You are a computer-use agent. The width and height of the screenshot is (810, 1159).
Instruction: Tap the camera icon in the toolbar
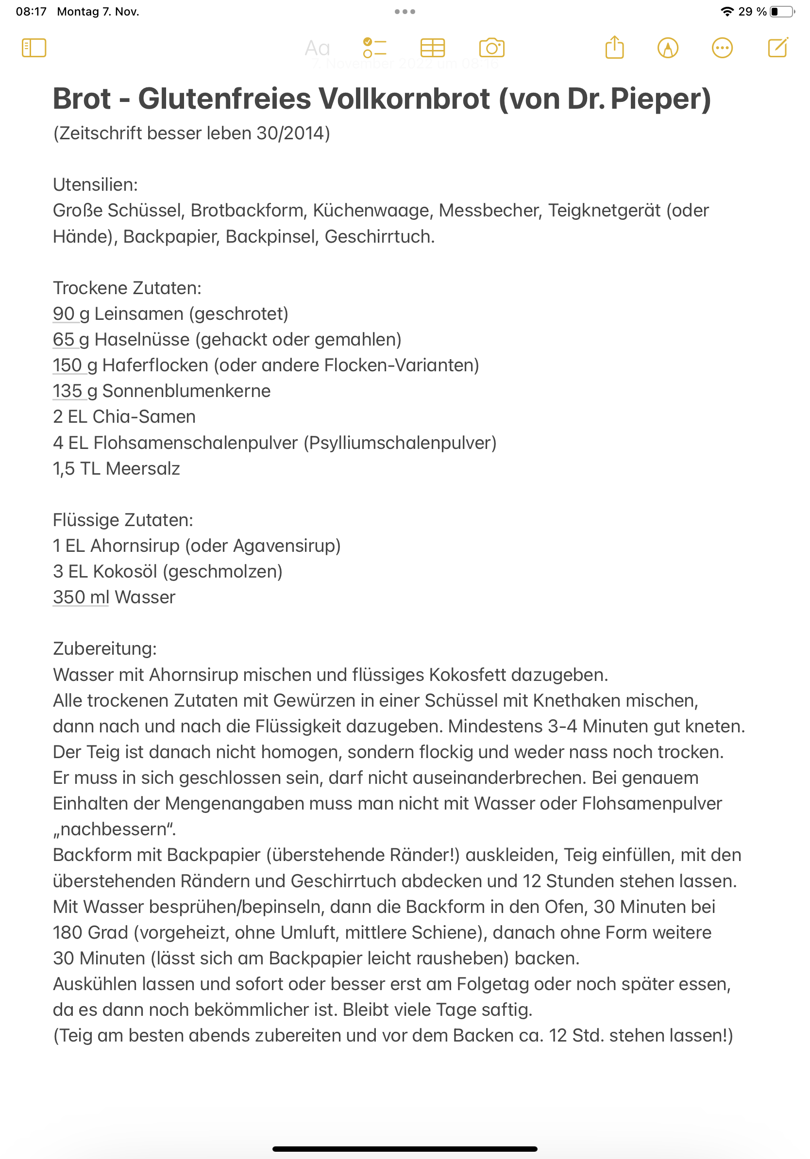pyautogui.click(x=491, y=49)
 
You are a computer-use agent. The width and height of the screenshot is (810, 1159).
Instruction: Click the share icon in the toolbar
pyautogui.click(x=614, y=48)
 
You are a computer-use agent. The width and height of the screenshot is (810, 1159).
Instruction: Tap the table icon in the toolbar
pyautogui.click(x=432, y=49)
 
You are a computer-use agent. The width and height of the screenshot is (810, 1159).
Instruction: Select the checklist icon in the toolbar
pyautogui.click(x=375, y=49)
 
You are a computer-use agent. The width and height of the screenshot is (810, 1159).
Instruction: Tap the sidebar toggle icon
pyautogui.click(x=34, y=49)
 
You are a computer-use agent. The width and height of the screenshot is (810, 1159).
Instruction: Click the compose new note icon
pyautogui.click(x=777, y=48)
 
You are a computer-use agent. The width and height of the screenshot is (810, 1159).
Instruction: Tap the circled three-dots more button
pyautogui.click(x=722, y=49)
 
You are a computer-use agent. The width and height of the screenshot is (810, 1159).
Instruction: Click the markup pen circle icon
pyautogui.click(x=668, y=49)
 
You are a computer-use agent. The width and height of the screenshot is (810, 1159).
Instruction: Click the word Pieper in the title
pyautogui.click(x=660, y=99)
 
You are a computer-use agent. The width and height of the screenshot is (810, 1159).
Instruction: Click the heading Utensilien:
pyautogui.click(x=96, y=185)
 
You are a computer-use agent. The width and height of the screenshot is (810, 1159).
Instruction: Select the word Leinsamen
pyautogui.click(x=139, y=314)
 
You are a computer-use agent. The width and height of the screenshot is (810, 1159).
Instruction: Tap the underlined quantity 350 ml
pyautogui.click(x=81, y=597)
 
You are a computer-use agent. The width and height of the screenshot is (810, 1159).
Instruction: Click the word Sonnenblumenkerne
pyautogui.click(x=186, y=391)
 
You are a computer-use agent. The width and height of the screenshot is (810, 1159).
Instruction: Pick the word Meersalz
pyautogui.click(x=143, y=469)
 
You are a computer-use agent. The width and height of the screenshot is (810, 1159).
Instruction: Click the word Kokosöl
pyautogui.click(x=125, y=572)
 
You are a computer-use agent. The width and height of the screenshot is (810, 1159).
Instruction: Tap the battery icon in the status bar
pyautogui.click(x=782, y=12)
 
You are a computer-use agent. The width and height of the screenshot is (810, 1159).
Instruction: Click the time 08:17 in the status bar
pyautogui.click(x=31, y=12)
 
